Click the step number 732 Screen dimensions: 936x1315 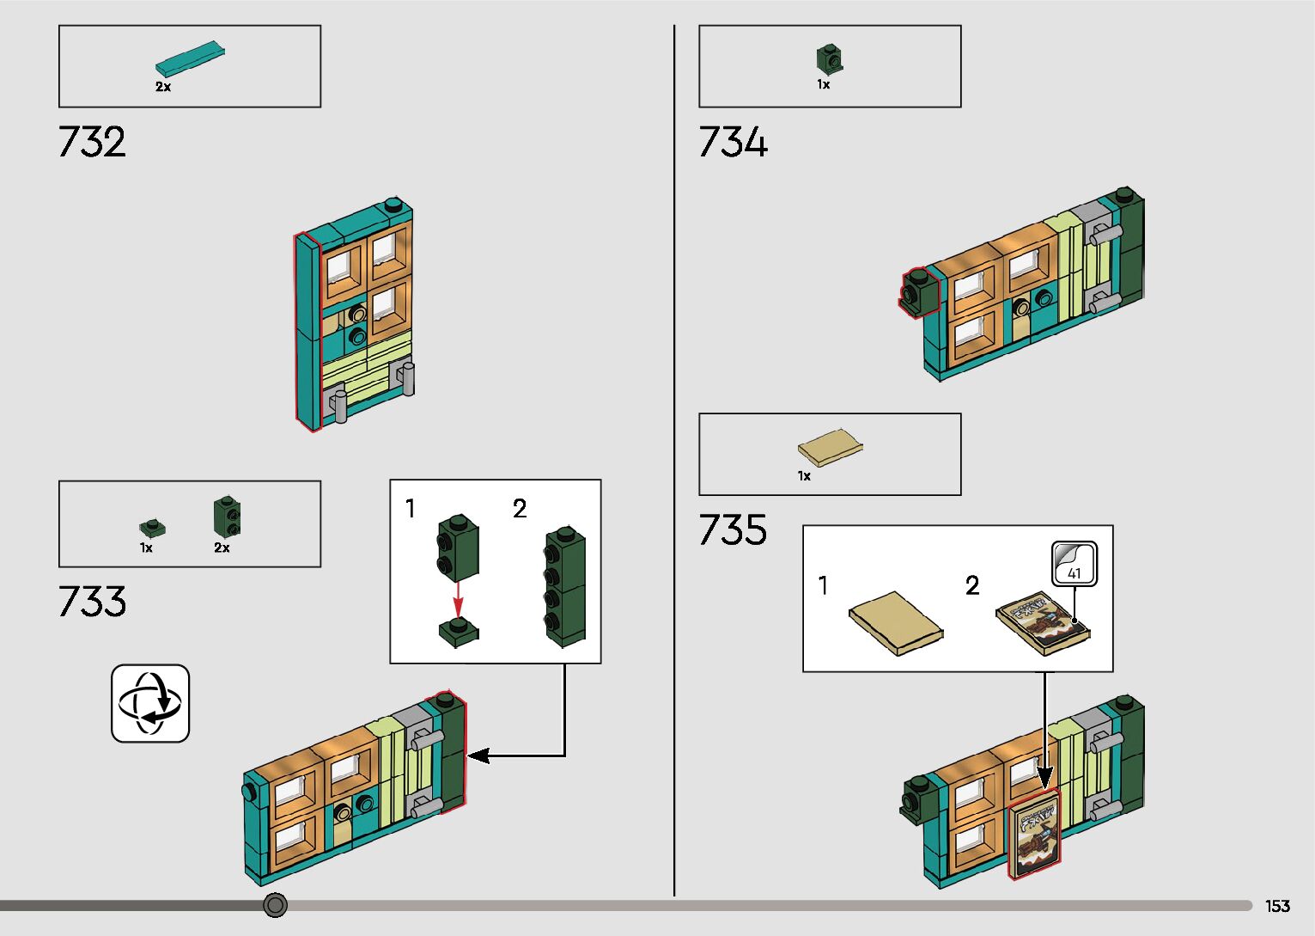[x=92, y=142]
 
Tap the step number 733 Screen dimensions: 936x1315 [x=92, y=602]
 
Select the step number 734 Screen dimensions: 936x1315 [x=733, y=142]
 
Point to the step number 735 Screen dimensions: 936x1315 [x=733, y=529]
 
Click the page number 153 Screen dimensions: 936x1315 [x=1277, y=906]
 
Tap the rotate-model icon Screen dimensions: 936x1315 [x=150, y=703]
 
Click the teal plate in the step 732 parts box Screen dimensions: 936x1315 [x=191, y=58]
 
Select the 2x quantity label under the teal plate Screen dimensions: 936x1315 [x=163, y=87]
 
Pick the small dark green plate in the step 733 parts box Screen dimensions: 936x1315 [x=152, y=528]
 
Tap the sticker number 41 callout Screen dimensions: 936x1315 [x=1075, y=565]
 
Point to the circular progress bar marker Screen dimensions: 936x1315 [x=275, y=905]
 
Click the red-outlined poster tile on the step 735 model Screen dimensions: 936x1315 [x=1034, y=835]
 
